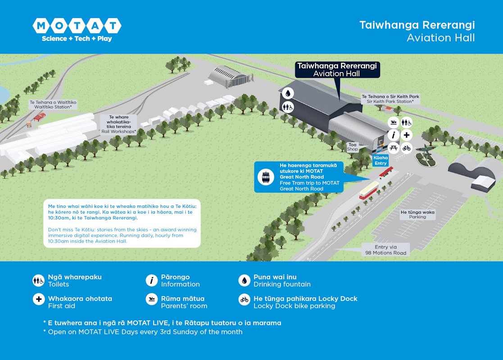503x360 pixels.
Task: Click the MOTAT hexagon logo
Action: pyautogui.click(x=77, y=26)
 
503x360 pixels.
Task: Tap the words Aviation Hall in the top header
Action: pyautogui.click(x=440, y=38)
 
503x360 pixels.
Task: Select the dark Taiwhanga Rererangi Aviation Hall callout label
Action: pyautogui.click(x=337, y=70)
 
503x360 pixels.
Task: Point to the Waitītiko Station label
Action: pyautogui.click(x=53, y=105)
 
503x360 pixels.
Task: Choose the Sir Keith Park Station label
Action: pyautogui.click(x=390, y=99)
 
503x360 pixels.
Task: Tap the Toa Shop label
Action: pyautogui.click(x=352, y=147)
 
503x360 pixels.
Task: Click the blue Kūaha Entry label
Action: pyautogui.click(x=381, y=161)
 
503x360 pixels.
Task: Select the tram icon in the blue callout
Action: pyautogui.click(x=266, y=177)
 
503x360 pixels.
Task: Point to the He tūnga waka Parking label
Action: pyautogui.click(x=417, y=214)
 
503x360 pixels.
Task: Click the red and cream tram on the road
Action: pyautogui.click(x=368, y=190)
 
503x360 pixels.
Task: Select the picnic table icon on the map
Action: pyautogui.click(x=394, y=148)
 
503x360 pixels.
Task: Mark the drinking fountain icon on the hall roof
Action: pyautogui.click(x=288, y=93)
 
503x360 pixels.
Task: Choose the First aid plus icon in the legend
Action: pyautogui.click(x=39, y=299)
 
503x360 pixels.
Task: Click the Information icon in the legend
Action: pyautogui.click(x=151, y=281)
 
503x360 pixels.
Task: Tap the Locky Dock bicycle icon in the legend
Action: pyautogui.click(x=244, y=299)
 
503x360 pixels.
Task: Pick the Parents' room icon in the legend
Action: pyautogui.click(x=151, y=299)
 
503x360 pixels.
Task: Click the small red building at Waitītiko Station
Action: pyautogui.click(x=40, y=117)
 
